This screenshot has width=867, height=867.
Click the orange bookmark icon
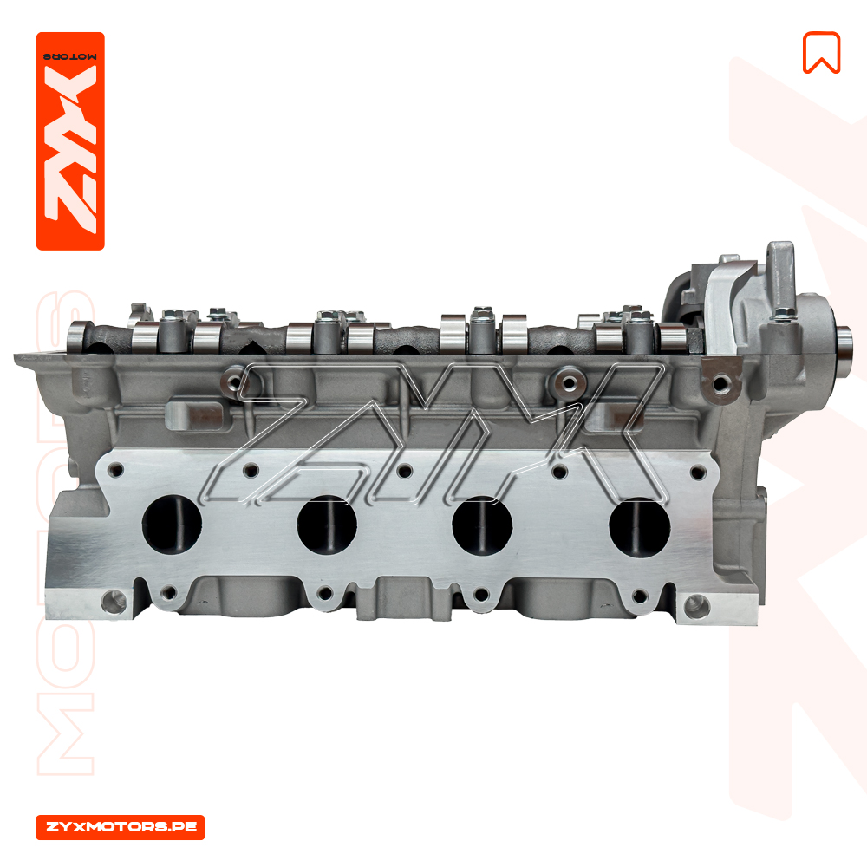click(821, 53)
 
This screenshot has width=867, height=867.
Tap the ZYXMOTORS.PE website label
click(120, 827)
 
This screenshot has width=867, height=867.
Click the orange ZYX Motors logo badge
click(70, 141)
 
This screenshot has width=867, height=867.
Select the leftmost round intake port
click(172, 524)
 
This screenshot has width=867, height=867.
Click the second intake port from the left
click(327, 525)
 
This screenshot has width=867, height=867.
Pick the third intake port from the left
click(482, 525)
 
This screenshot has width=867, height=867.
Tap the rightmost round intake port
click(639, 527)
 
